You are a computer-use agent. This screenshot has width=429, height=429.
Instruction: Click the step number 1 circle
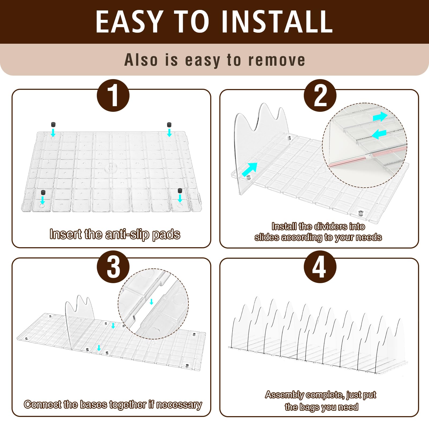(x=113, y=95)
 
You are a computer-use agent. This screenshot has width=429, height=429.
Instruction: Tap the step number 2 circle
(x=320, y=95)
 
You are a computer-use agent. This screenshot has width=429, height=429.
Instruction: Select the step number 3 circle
(x=113, y=267)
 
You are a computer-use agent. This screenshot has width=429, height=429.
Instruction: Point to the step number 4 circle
(x=320, y=267)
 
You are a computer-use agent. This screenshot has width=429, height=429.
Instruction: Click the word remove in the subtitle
(x=277, y=60)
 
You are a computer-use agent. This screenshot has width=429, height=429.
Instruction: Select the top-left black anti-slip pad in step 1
(x=53, y=125)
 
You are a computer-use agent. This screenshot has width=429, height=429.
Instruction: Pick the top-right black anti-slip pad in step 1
(x=169, y=125)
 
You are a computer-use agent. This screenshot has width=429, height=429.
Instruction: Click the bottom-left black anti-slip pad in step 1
(x=43, y=193)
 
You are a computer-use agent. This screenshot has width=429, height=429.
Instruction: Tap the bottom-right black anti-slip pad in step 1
(x=180, y=191)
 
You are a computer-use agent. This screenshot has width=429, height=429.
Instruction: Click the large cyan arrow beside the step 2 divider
(x=250, y=169)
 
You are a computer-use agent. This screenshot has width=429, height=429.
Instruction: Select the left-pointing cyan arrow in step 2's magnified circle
(x=379, y=134)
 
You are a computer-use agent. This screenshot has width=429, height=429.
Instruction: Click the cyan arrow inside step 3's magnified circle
(x=151, y=302)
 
